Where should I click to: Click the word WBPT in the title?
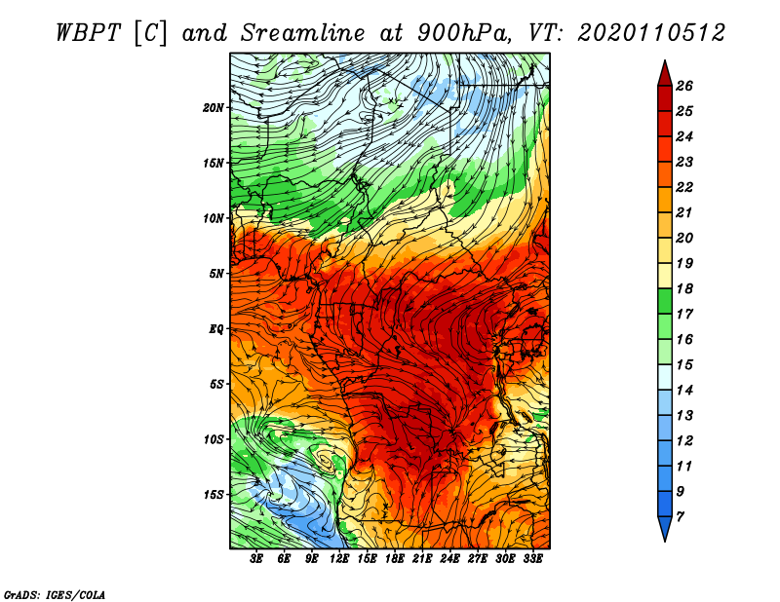(88, 34)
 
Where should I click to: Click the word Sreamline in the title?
(303, 34)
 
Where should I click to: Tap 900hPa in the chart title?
(465, 34)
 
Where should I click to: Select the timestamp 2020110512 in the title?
(650, 34)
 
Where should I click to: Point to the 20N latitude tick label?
(214, 108)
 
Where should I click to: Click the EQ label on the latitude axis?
(216, 329)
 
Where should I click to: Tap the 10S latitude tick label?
(214, 439)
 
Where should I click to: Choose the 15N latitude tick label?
(214, 163)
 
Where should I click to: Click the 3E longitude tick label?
(256, 559)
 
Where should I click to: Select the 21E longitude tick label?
(422, 559)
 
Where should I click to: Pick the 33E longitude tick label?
(532, 559)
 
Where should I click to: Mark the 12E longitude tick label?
(339, 559)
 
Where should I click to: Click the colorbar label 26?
(684, 86)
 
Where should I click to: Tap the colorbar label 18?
(684, 288)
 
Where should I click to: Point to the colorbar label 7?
(680, 517)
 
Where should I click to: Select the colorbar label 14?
(684, 391)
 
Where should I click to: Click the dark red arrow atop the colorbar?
(665, 75)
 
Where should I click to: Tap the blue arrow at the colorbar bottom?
(665, 527)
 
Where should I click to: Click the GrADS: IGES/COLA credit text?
(55, 595)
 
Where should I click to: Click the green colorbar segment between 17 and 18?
(665, 301)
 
